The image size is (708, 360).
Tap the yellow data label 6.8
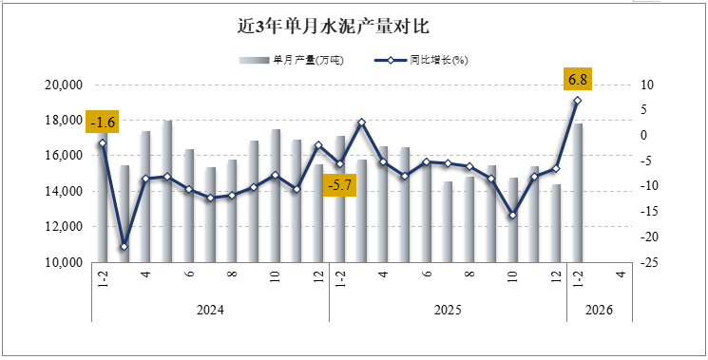[577, 78]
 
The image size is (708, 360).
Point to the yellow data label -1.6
[102, 122]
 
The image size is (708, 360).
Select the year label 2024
[210, 309]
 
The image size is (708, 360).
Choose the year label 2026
[599, 309]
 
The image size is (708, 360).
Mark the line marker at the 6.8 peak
[577, 101]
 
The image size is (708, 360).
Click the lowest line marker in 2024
[124, 247]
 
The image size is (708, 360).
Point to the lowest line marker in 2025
[512, 216]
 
